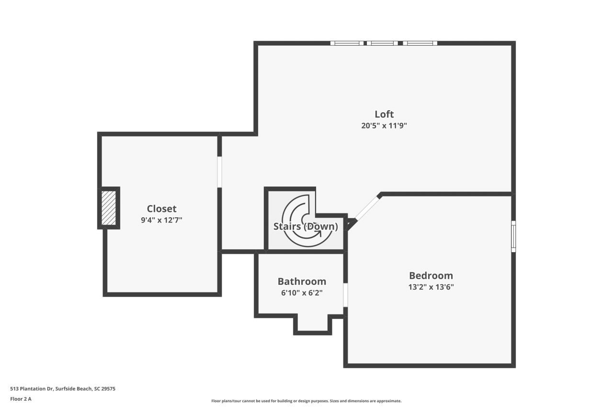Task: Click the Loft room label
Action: coord(384,114)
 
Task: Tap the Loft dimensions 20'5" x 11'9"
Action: coord(384,126)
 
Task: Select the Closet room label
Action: coord(161,209)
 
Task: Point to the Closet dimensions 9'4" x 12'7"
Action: coord(161,221)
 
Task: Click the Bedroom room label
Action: coord(431,276)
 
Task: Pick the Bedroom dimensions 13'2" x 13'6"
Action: coord(431,288)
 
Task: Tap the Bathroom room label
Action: coord(302,281)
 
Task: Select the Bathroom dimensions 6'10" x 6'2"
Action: coord(302,293)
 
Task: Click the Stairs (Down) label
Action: coord(306,226)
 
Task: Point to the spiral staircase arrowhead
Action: coord(318,234)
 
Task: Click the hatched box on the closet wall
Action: coord(109,208)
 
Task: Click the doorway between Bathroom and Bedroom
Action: coord(345,294)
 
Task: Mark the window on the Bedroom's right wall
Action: coord(513,236)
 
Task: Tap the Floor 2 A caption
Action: coord(21,398)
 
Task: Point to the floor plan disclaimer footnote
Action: coord(306,401)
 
